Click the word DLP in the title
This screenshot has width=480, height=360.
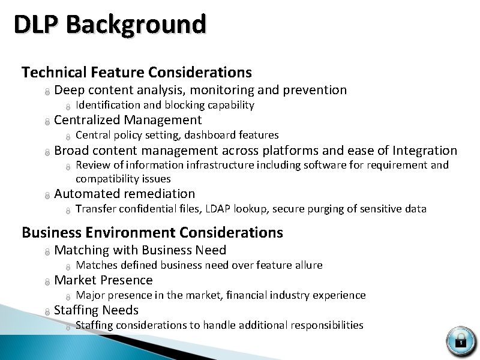(x=37, y=25)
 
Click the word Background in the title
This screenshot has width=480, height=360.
(x=136, y=25)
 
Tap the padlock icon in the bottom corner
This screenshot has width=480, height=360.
(x=461, y=340)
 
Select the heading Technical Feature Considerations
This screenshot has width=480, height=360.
(x=137, y=73)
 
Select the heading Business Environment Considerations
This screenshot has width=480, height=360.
(x=152, y=232)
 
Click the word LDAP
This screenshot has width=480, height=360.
(x=218, y=209)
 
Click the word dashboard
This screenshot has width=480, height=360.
(x=209, y=135)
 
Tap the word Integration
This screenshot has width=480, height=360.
(x=425, y=150)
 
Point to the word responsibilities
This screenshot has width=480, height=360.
(x=326, y=325)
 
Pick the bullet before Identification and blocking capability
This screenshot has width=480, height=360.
(x=68, y=106)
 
